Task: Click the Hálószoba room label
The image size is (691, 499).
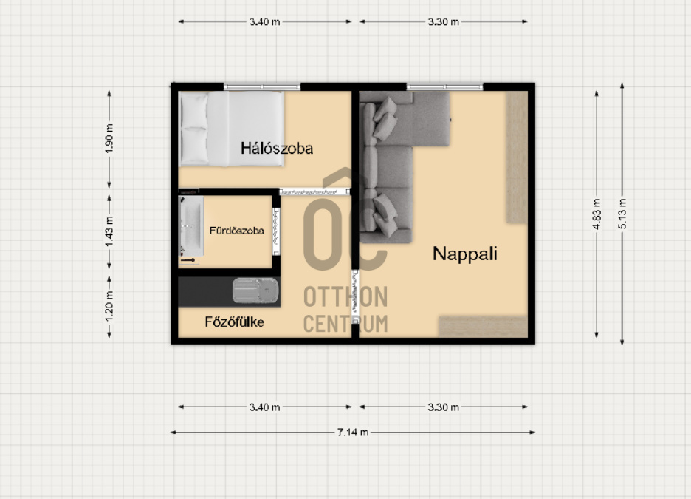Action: coord(277,149)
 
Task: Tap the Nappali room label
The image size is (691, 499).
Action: coord(465,254)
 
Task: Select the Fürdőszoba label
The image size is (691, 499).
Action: coord(237,231)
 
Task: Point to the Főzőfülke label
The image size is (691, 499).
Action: coord(235,322)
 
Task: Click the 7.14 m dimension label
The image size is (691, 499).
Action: coord(353,432)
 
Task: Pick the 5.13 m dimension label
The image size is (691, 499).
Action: coord(622,214)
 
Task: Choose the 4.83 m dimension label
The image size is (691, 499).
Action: coord(597,214)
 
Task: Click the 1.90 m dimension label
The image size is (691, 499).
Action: coord(109,138)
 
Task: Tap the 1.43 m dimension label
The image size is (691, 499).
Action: coord(109,231)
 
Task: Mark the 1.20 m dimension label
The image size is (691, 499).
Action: coord(109,307)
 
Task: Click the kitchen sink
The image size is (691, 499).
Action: coord(255,291)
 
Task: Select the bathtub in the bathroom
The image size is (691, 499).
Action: coord(191,226)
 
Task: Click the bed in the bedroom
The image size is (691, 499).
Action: coord(231,129)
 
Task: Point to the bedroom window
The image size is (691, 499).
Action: coord(262,87)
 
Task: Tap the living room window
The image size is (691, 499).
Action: coord(444,87)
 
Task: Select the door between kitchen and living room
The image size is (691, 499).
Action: coord(355,297)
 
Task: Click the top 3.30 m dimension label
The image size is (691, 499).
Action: coord(444,21)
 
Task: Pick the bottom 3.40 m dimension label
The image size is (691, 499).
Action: coord(264,407)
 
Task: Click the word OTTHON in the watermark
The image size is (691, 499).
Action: coord(346,296)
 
